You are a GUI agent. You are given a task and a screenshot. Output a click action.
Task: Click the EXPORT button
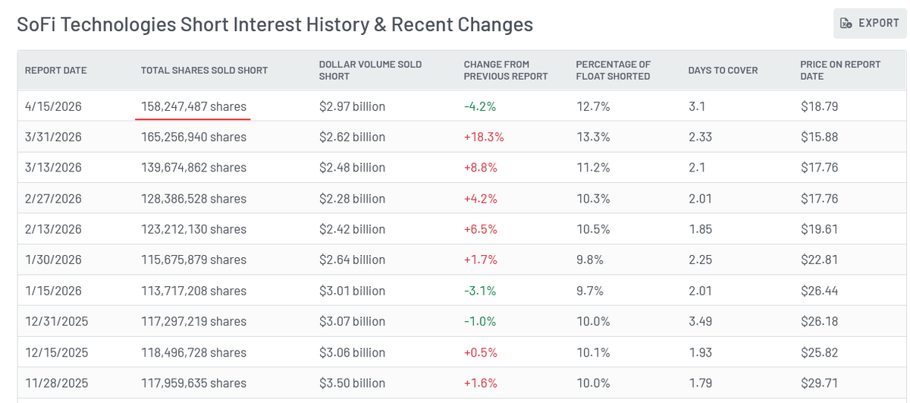(869, 24)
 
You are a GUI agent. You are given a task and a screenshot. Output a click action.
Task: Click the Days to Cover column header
(723, 71)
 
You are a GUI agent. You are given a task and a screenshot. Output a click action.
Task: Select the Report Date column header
(55, 71)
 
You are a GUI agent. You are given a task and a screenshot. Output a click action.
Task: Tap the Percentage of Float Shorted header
(613, 71)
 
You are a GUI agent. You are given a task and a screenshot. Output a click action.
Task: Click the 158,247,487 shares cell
(193, 106)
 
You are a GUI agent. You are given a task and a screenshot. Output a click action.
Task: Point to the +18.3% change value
(484, 137)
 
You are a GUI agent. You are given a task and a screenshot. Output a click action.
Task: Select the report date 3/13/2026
(53, 168)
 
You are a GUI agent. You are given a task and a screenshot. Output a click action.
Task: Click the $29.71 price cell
(819, 383)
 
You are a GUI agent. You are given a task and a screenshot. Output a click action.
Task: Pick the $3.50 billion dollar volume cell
(352, 383)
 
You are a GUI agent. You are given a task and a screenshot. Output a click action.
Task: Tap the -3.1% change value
(480, 291)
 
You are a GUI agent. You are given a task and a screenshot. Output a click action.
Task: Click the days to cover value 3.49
(701, 321)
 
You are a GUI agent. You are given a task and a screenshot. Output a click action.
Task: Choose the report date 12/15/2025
(56, 352)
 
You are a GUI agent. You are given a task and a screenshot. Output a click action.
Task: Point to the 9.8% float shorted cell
(590, 260)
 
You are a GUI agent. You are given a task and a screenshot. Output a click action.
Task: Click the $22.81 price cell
(819, 260)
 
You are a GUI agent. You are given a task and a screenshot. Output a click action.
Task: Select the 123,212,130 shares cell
(193, 229)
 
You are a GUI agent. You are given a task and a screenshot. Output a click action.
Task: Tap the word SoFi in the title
(36, 24)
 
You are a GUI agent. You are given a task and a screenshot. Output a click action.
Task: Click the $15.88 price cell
(819, 137)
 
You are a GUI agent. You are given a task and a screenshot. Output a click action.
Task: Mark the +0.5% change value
(481, 352)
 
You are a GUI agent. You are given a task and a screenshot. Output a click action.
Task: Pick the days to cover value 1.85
(701, 229)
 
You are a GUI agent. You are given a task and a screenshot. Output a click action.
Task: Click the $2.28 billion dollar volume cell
(352, 198)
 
